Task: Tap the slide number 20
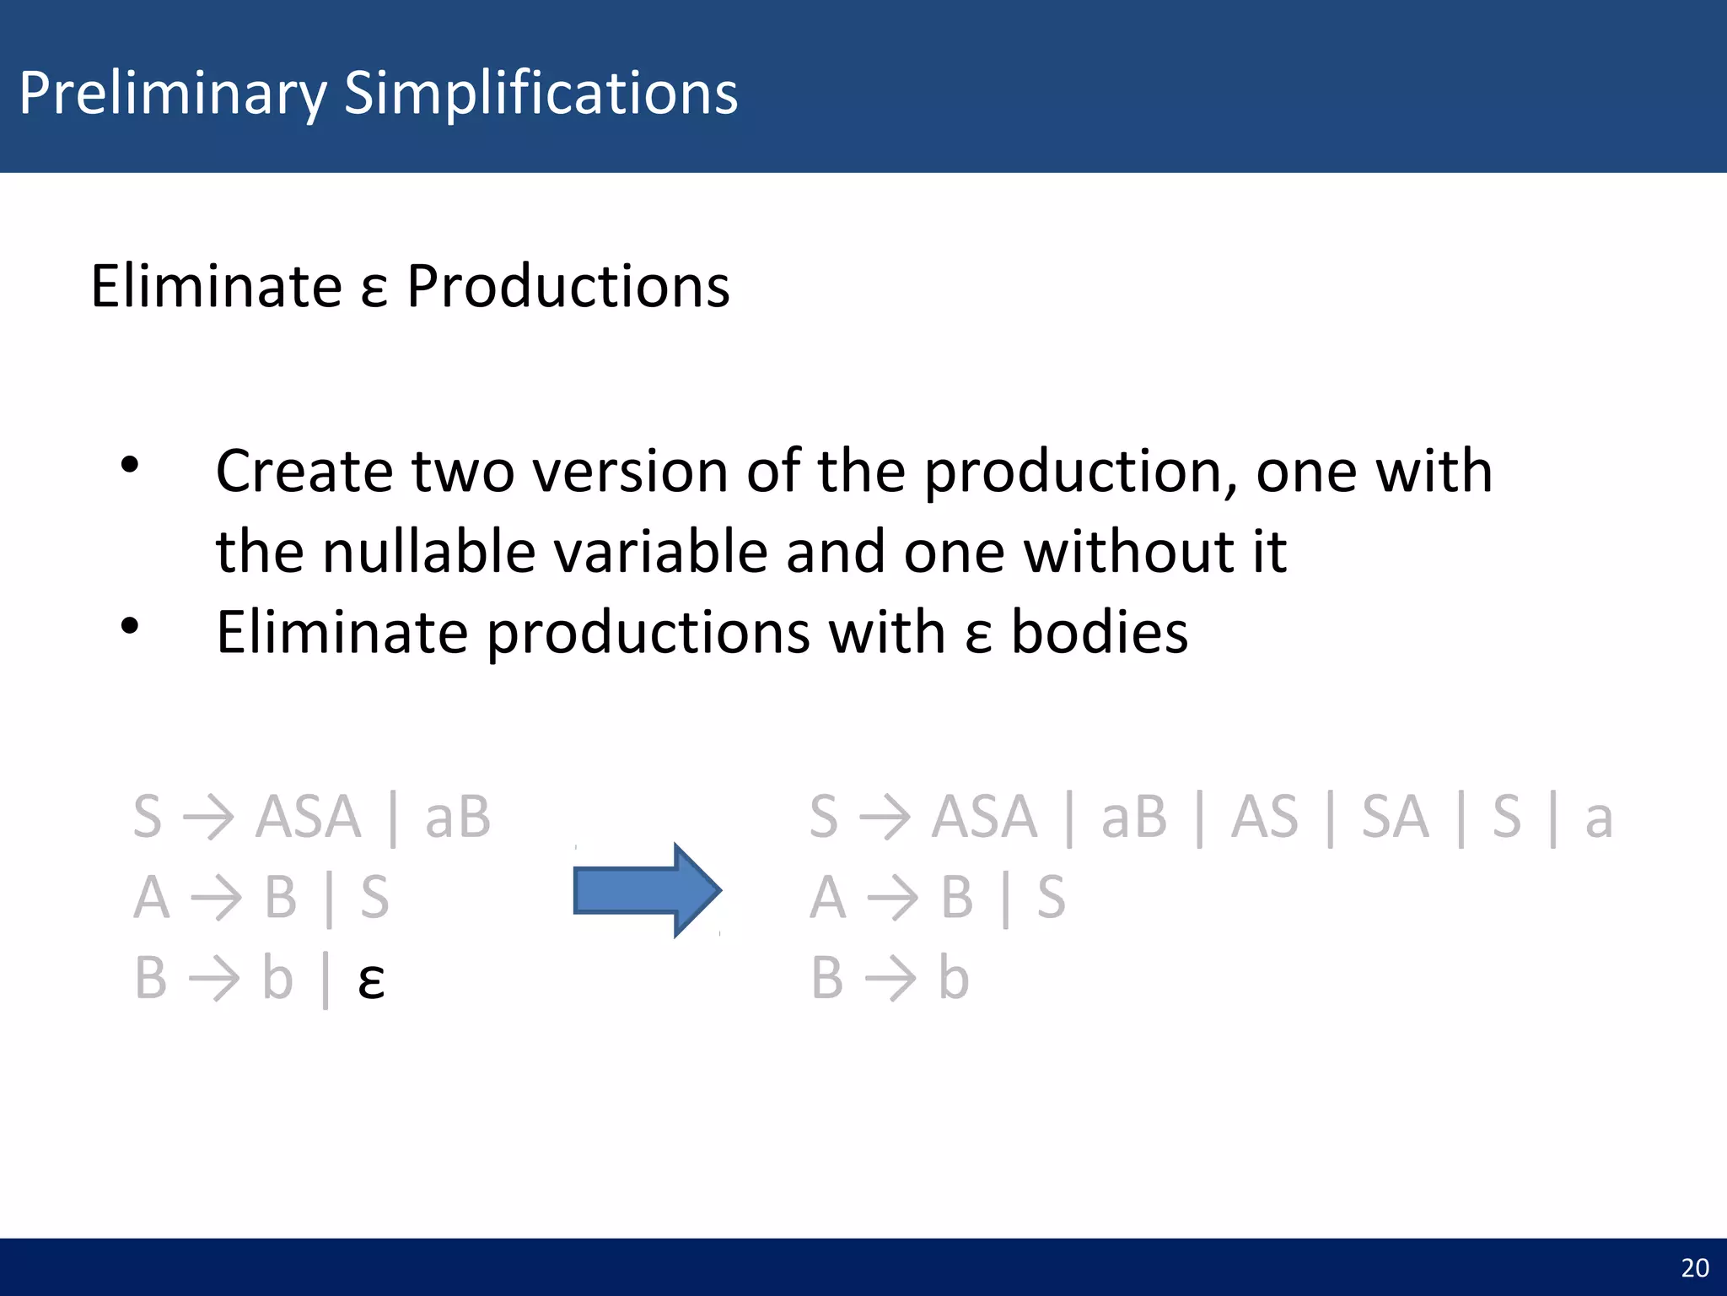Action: (1694, 1267)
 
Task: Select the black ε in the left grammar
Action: (371, 981)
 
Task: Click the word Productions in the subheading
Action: (568, 287)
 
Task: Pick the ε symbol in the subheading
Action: (374, 291)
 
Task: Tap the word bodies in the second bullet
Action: (1099, 633)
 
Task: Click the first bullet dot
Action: (129, 465)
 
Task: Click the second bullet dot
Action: (129, 626)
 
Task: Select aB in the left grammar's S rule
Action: (457, 818)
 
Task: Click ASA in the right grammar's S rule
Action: (984, 818)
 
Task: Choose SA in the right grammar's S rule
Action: (1396, 818)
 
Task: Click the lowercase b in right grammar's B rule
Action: (954, 979)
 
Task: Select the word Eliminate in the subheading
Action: (216, 287)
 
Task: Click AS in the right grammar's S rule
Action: (1264, 818)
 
